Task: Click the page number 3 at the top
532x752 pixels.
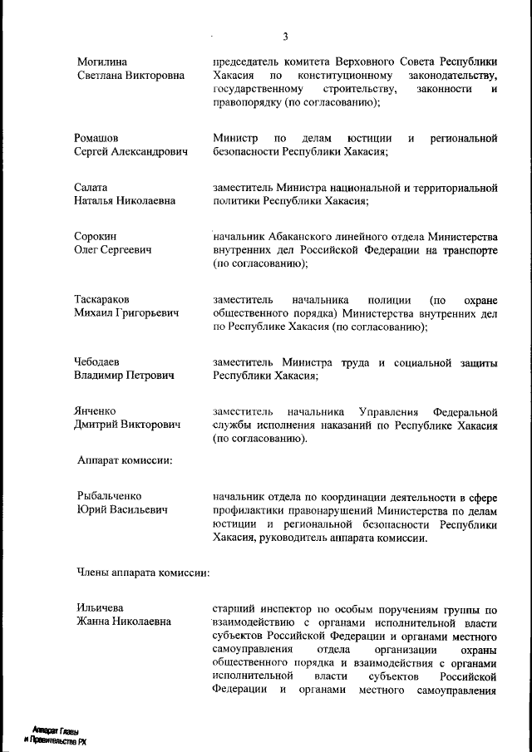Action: tap(285, 37)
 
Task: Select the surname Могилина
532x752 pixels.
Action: tap(102, 62)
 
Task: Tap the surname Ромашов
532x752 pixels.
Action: tap(97, 137)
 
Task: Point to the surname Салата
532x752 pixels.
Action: tap(92, 187)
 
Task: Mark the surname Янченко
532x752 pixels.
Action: tap(96, 411)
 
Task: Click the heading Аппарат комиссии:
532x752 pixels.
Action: tap(124, 460)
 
